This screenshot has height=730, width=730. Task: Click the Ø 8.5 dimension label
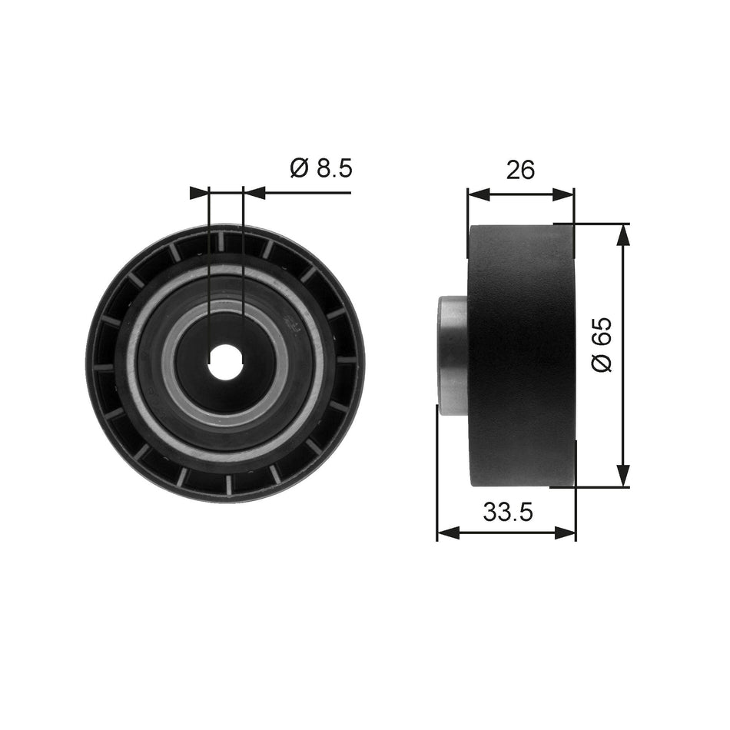click(x=320, y=168)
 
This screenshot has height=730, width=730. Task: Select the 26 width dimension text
click(x=520, y=169)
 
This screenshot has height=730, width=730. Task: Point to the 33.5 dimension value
click(x=507, y=512)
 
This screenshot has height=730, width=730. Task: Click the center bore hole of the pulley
click(x=226, y=361)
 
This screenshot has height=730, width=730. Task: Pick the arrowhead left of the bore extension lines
click(x=199, y=192)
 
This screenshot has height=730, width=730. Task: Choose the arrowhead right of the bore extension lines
click(x=254, y=192)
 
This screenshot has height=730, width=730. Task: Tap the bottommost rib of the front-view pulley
click(x=229, y=485)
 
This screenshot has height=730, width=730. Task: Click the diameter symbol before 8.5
click(x=300, y=168)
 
